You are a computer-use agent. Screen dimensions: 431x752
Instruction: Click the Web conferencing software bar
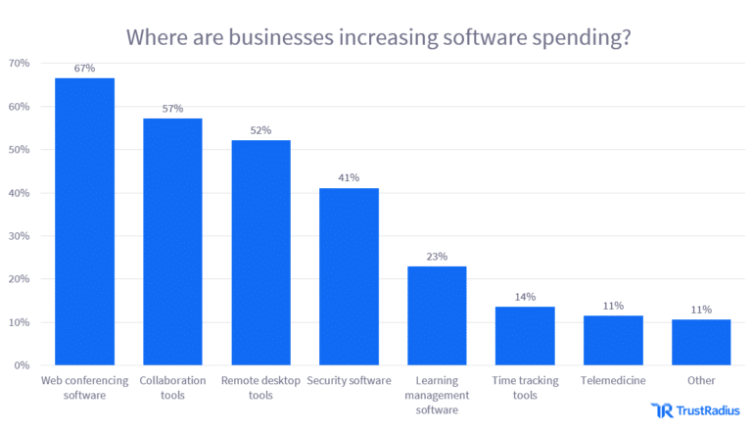84,221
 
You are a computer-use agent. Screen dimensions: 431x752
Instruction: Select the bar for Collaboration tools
172,242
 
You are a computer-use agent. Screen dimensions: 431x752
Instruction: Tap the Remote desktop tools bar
260,253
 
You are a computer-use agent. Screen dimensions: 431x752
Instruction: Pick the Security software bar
349,276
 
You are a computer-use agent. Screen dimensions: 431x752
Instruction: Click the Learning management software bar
437,315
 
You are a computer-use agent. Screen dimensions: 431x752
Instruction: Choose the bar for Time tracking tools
525,336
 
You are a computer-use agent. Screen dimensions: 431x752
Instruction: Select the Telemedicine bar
613,341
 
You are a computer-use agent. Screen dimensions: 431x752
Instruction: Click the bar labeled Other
701,342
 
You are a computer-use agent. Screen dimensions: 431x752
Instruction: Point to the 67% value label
84,68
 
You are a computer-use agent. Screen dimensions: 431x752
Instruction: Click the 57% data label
172,109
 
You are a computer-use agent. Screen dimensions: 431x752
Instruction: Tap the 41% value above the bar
349,178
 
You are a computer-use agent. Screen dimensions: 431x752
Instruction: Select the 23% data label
437,257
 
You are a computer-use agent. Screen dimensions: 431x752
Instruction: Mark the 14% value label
525,296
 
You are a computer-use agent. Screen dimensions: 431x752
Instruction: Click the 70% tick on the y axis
19,64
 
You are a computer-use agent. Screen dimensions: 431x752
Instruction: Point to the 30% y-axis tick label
19,236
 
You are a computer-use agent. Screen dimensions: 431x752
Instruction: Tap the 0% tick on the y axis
22,365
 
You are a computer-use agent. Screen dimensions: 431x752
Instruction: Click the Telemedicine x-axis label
613,380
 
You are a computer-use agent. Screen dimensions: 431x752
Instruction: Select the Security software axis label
349,380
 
